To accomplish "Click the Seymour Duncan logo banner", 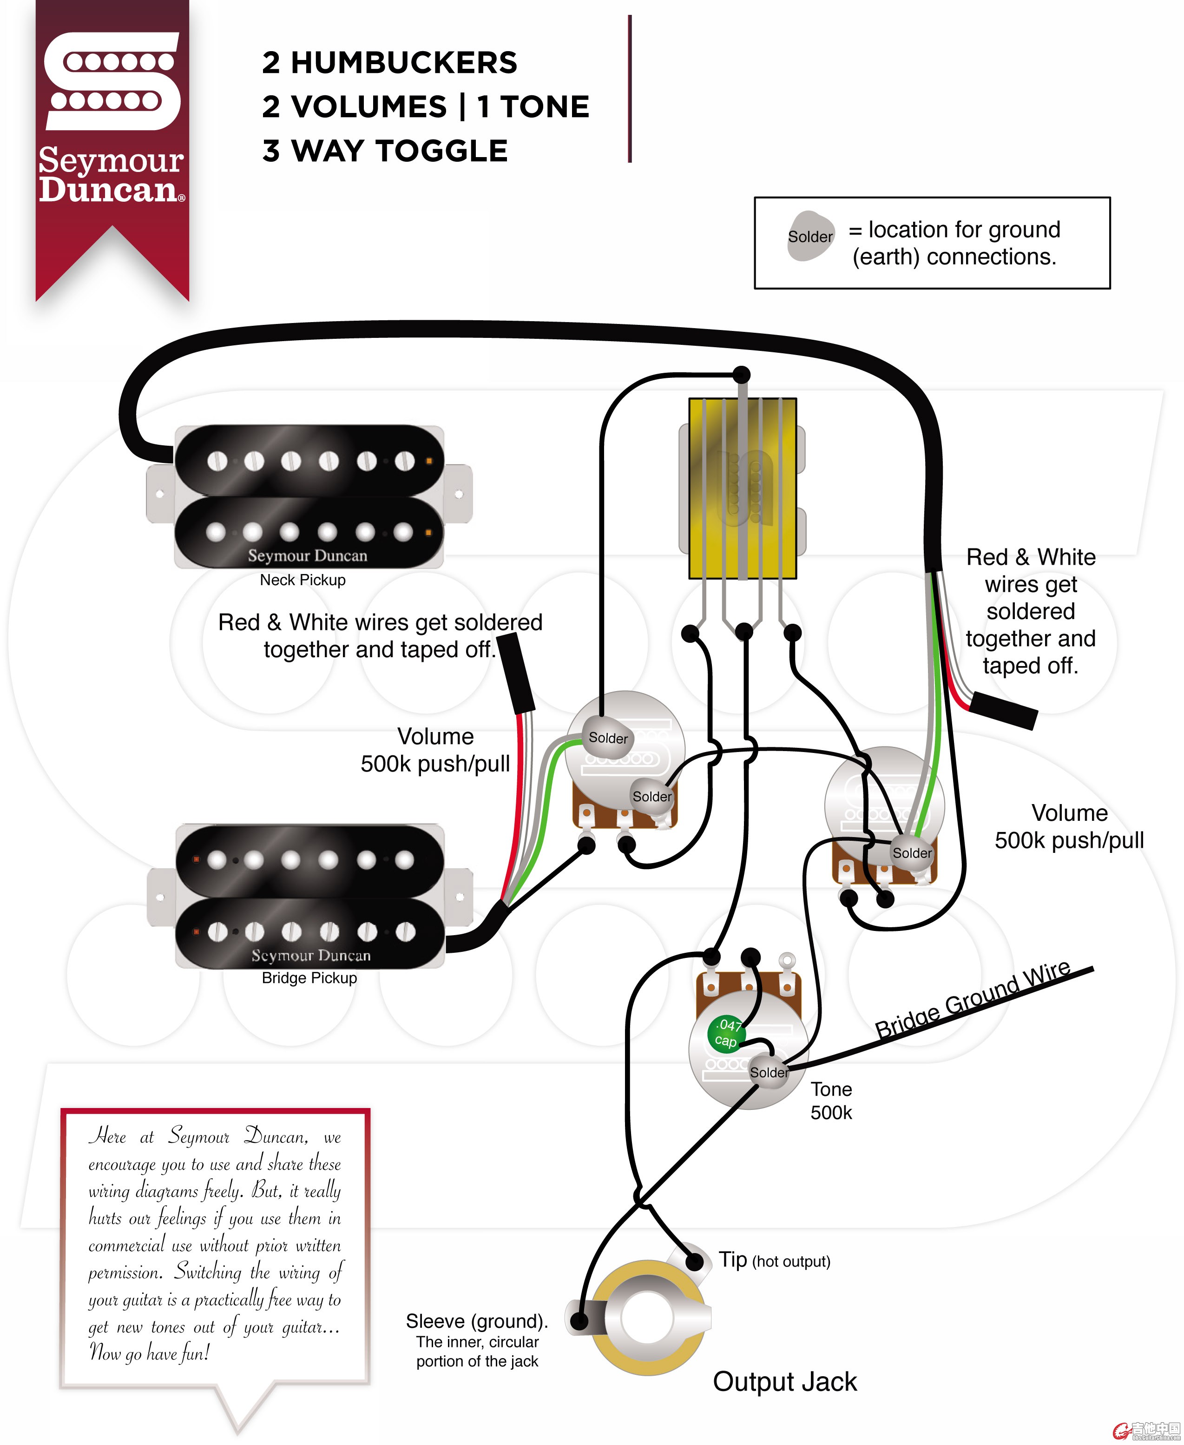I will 112,137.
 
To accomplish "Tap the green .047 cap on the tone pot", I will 726,1034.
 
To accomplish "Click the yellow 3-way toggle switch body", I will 742,488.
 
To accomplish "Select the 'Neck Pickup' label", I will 303,580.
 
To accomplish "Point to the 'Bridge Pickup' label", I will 309,977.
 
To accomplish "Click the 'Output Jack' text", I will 784,1381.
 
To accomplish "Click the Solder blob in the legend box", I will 810,236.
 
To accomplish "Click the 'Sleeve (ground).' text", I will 477,1321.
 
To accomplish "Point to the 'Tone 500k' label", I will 831,1101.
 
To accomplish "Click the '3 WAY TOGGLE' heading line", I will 385,151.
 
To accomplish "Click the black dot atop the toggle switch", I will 741,375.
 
